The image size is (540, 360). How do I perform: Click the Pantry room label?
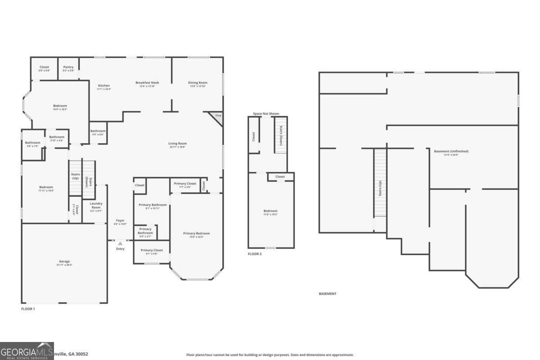point(68,67)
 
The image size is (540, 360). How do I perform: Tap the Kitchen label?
point(104,85)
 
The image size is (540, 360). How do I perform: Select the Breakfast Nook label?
point(147,83)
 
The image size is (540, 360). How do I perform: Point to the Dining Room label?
point(198,83)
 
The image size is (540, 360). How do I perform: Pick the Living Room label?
point(178,144)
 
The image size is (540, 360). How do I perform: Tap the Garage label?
point(64,261)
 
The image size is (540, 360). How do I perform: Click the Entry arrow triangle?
point(120,243)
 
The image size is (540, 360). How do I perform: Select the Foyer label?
point(120,220)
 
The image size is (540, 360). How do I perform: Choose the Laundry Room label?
point(96,205)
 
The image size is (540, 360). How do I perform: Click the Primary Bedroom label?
point(196,234)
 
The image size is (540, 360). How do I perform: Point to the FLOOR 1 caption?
point(28,309)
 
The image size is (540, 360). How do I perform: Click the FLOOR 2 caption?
point(255,254)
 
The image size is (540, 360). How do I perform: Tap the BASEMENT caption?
point(328,294)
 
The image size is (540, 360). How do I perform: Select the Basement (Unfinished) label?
point(451,151)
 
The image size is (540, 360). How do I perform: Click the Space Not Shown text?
point(266,114)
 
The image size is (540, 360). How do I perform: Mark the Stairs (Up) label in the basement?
point(380,189)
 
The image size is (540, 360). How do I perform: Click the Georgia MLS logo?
point(27,351)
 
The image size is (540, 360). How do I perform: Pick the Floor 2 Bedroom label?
point(270,211)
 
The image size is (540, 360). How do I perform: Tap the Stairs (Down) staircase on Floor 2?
point(281,135)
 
